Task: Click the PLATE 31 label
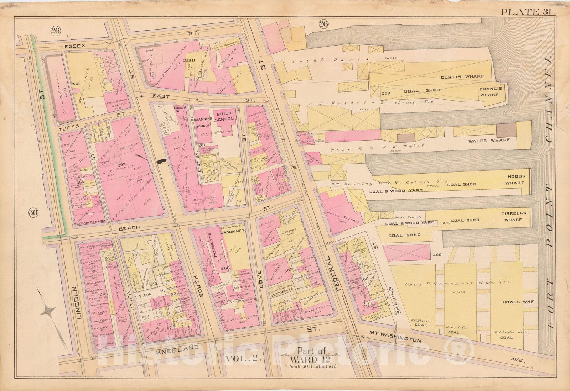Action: (528, 11)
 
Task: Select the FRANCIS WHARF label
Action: (490, 92)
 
